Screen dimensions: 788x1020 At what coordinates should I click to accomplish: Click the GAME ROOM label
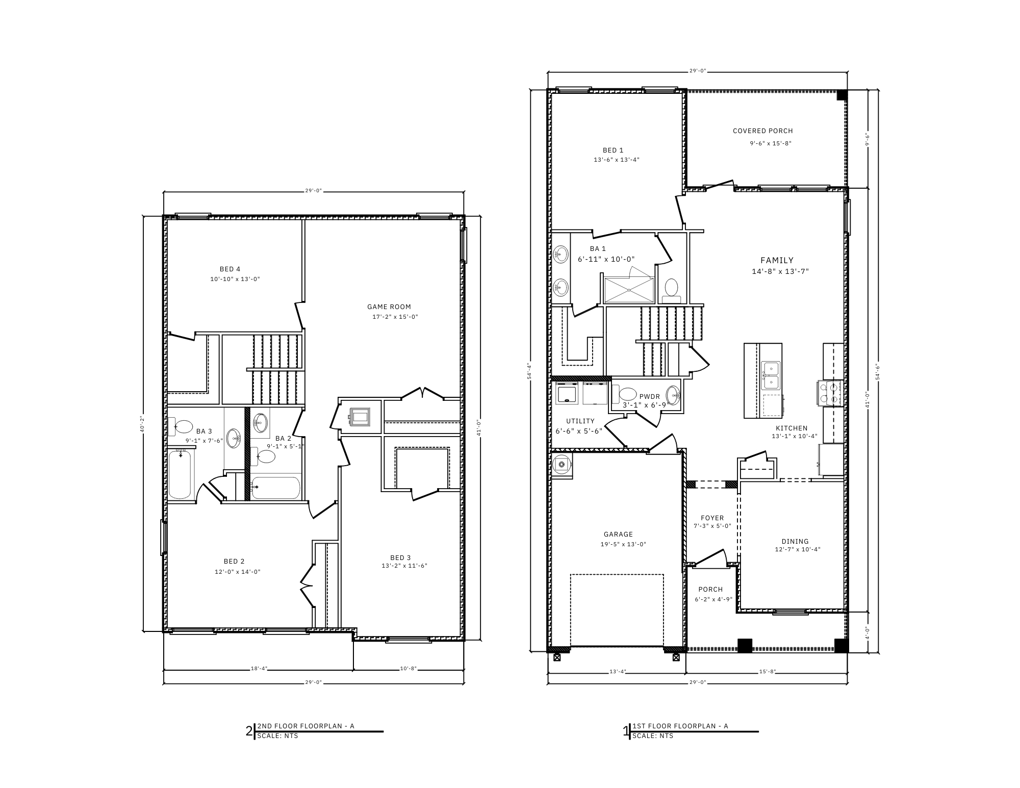pos(389,307)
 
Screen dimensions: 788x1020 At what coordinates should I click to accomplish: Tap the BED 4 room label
pos(230,269)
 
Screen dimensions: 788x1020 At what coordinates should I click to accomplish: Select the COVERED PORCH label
pos(762,131)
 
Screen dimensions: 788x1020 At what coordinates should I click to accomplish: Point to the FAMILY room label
pos(777,260)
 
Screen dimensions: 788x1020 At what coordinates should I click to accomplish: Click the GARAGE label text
pos(618,535)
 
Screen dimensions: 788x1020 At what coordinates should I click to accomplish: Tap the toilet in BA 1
pos(671,288)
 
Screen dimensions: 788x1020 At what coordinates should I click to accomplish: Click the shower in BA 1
pos(629,290)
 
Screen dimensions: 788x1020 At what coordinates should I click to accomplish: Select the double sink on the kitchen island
pos(771,375)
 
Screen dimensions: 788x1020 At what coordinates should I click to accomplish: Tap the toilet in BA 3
pos(182,426)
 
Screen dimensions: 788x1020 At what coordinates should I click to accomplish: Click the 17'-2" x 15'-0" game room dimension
pos(395,317)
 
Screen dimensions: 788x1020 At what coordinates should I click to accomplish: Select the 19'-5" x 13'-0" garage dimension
pos(623,544)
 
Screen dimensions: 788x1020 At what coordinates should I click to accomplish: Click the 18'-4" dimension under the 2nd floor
pos(259,669)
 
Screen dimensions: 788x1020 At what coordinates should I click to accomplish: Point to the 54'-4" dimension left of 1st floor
pos(529,371)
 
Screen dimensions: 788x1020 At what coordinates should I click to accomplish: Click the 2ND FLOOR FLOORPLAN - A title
pos(305,726)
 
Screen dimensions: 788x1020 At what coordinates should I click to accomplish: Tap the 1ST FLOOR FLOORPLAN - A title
pos(680,726)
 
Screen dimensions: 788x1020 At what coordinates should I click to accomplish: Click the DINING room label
pos(795,541)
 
